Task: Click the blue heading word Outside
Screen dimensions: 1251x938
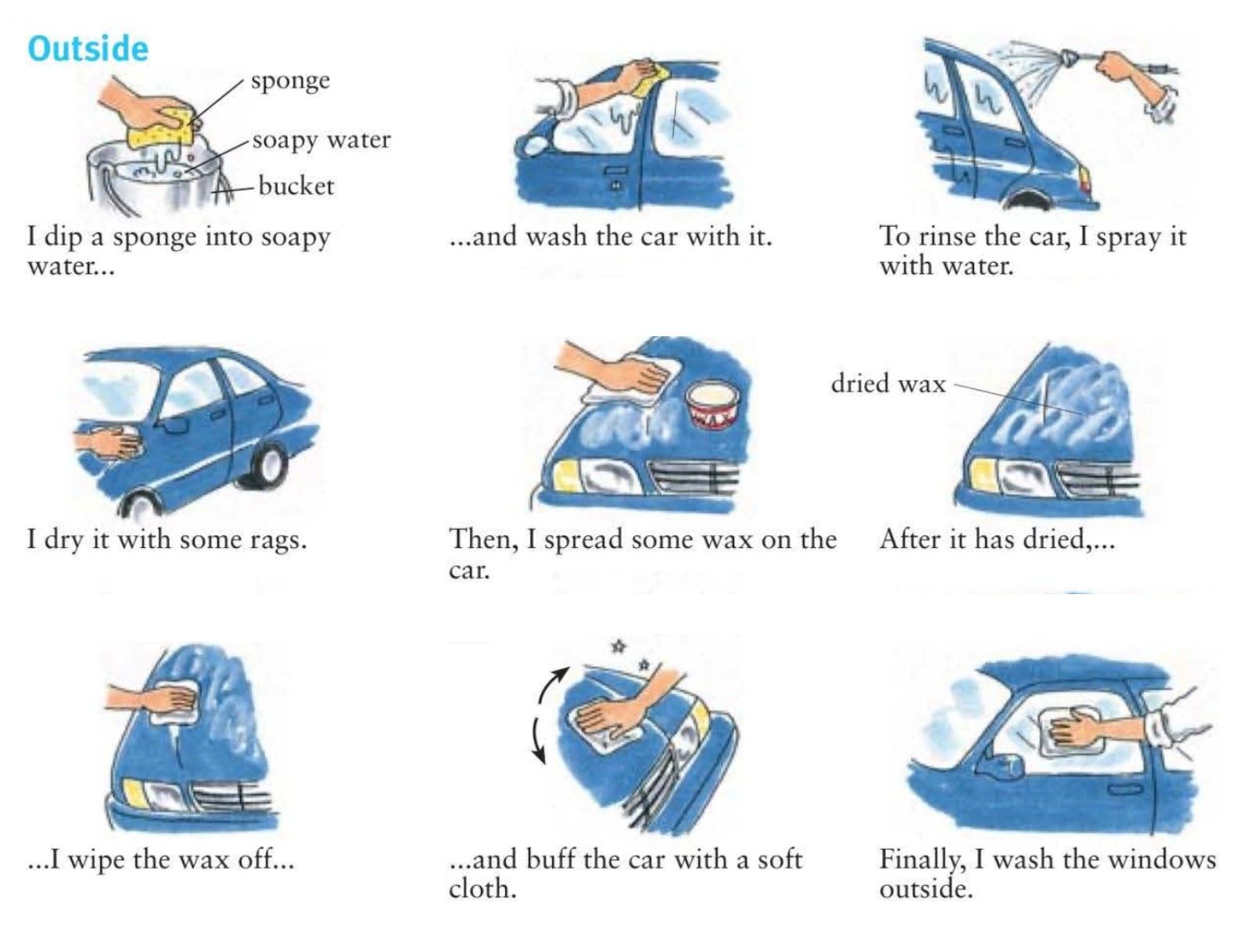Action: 88,48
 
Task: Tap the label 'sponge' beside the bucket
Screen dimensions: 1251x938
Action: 290,81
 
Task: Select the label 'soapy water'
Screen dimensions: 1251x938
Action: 321,140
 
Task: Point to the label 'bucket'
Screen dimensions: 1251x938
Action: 296,186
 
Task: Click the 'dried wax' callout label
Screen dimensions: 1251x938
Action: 888,383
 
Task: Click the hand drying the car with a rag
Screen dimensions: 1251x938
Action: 108,442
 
